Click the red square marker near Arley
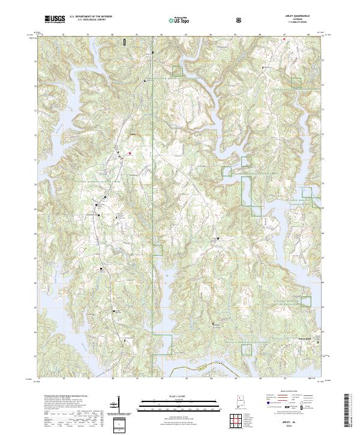coord(128,152)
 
